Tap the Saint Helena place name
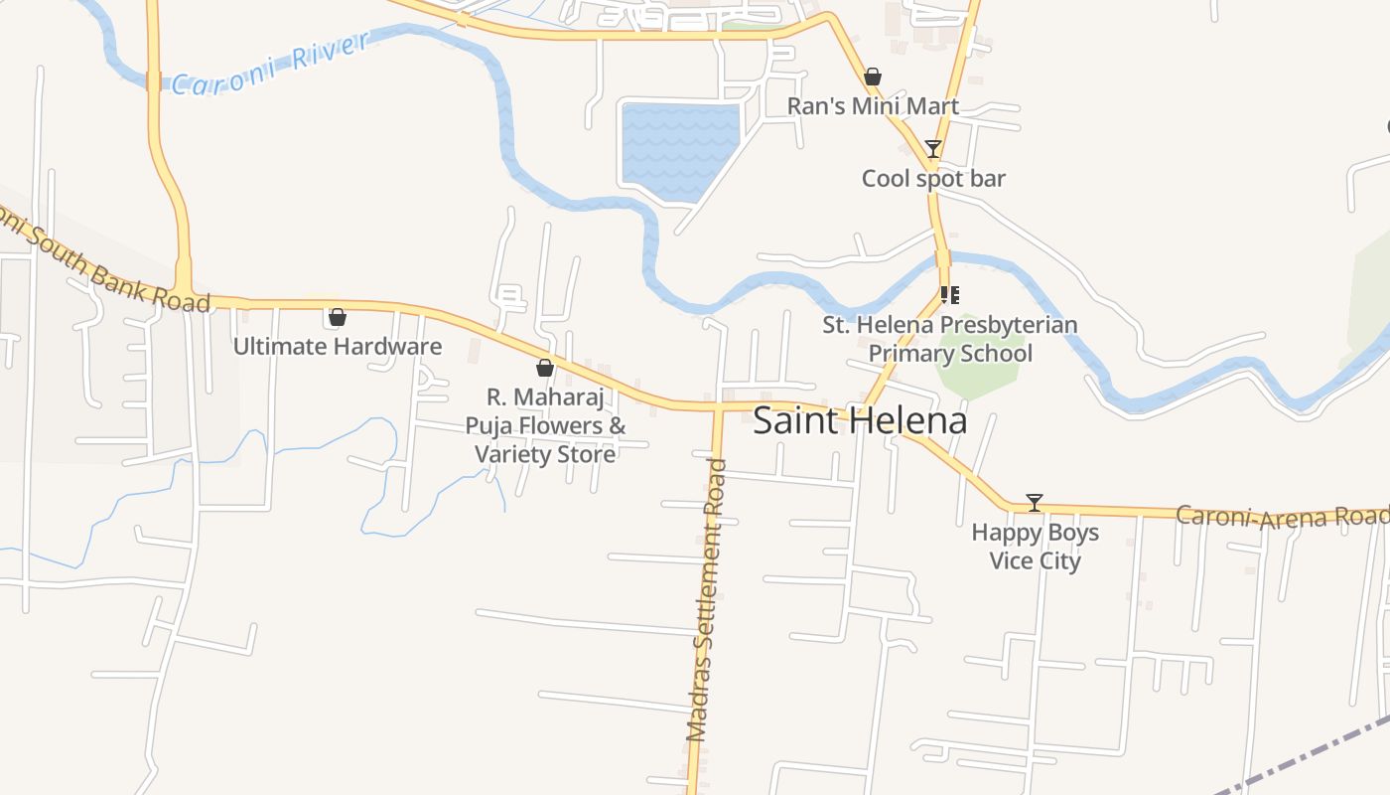pyautogui.click(x=860, y=420)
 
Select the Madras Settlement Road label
pyautogui.click(x=708, y=601)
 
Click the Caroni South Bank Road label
pyautogui.click(x=99, y=260)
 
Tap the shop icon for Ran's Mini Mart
pyautogui.click(x=873, y=77)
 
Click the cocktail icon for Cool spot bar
pyautogui.click(x=932, y=149)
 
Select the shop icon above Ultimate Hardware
pyautogui.click(x=338, y=317)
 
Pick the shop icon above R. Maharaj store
pyautogui.click(x=545, y=368)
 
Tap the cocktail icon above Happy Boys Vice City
pyautogui.click(x=1035, y=503)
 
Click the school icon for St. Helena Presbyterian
pyautogui.click(x=949, y=295)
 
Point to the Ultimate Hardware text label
pyautogui.click(x=338, y=347)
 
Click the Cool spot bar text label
pyautogui.click(x=933, y=179)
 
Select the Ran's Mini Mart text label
pyautogui.click(x=873, y=106)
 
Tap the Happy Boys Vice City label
pyautogui.click(x=1035, y=547)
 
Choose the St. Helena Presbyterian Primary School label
pyautogui.click(x=950, y=339)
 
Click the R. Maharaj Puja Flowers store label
pyautogui.click(x=545, y=425)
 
